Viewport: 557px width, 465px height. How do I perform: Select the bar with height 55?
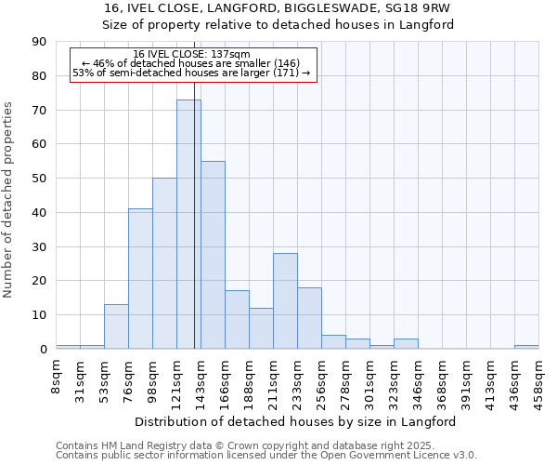[213, 255]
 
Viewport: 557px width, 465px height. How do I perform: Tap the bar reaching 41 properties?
[140, 279]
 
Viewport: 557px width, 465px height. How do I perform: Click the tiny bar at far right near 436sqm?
[525, 347]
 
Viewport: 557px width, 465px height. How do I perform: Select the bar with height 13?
[116, 326]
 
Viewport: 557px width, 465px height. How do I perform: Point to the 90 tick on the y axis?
[39, 42]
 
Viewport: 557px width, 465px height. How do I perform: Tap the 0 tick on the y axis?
[43, 350]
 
